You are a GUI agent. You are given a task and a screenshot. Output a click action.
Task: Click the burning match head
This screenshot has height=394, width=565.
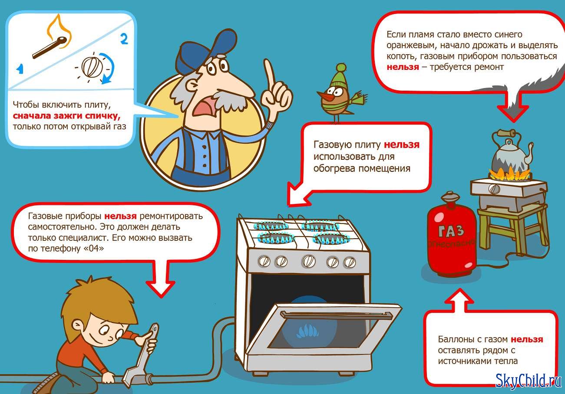(62, 41)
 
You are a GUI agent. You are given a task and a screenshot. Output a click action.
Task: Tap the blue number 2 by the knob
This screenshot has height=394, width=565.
(124, 39)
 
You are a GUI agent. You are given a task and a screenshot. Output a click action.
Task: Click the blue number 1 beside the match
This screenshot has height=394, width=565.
(20, 69)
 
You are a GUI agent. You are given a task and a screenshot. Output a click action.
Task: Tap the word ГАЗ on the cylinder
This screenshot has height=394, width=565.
(451, 231)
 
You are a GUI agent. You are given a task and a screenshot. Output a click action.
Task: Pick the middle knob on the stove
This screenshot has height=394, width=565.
(309, 261)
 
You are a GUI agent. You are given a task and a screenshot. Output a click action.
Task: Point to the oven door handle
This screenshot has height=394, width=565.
(337, 315)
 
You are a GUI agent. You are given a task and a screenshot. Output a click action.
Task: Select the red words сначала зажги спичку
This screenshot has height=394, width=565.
(66, 116)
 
